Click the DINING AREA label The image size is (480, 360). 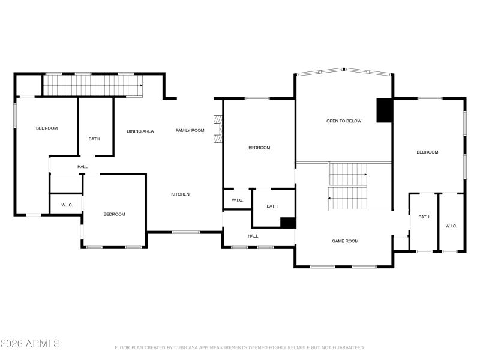(140, 131)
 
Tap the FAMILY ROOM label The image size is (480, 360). (190, 130)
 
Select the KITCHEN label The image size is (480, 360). (180, 194)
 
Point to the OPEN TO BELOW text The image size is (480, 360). (344, 121)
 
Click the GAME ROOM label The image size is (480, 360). (345, 241)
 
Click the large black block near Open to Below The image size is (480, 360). (384, 110)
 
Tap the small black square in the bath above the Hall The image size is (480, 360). (287, 223)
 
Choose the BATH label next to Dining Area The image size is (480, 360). (94, 139)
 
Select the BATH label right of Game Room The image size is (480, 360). (424, 217)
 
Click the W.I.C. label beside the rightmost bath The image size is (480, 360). (451, 226)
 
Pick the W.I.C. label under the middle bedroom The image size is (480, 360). (237, 200)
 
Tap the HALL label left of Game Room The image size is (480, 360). (253, 236)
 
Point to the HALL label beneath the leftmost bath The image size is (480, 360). (82, 167)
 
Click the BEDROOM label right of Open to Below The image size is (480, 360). (427, 152)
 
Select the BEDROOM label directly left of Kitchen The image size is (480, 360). (114, 214)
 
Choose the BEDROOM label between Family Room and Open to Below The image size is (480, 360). (259, 148)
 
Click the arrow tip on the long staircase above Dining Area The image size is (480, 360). (142, 86)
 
